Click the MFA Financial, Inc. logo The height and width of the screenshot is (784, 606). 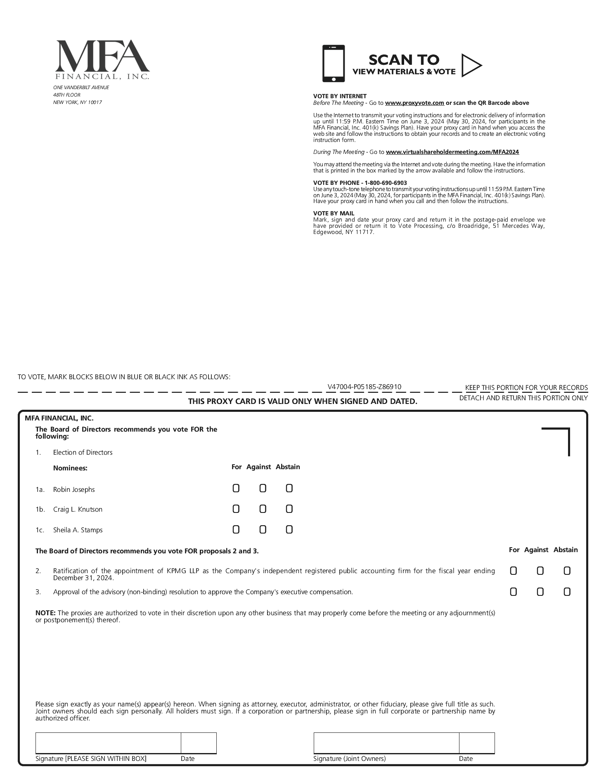[x=102, y=59]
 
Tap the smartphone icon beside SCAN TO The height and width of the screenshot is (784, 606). [x=333, y=64]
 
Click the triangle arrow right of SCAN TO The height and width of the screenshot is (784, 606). [x=471, y=65]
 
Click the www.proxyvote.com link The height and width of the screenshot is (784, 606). [x=414, y=103]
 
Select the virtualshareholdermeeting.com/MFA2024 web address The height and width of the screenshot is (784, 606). [x=452, y=152]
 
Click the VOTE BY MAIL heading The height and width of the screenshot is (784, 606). [x=334, y=213]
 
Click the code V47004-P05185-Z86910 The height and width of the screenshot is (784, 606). [x=364, y=387]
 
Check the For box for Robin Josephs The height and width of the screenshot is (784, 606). [x=236, y=489]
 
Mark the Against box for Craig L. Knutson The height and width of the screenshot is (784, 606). [x=263, y=509]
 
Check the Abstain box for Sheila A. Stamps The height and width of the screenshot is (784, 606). [x=289, y=529]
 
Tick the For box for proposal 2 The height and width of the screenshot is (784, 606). [x=513, y=571]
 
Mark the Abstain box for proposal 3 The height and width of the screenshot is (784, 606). [x=567, y=592]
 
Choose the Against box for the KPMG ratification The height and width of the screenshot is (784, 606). [x=540, y=571]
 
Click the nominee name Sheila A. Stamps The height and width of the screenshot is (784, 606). [x=78, y=530]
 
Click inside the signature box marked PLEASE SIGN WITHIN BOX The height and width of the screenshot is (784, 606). [x=108, y=743]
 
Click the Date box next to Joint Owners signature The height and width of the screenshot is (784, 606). [x=477, y=743]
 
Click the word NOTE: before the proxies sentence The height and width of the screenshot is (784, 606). [x=45, y=613]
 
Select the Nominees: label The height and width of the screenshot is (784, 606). [x=70, y=468]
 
